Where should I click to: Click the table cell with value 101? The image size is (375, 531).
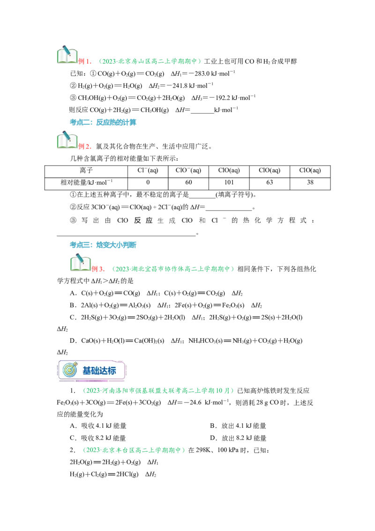pos(229,182)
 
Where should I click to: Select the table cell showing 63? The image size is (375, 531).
pos(270,182)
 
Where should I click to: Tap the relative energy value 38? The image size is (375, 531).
pos(310,182)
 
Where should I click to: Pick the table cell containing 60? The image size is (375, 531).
pos(188,182)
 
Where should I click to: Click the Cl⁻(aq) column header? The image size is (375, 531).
pos(148,171)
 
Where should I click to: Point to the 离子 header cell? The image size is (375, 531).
pos(86,171)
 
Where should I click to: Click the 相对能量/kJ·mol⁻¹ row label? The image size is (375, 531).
pos(86,182)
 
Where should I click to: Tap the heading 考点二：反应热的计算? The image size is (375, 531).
pos(103,122)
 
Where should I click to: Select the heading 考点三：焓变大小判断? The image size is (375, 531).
pos(103,245)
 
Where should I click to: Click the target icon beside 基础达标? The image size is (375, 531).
pos(70,370)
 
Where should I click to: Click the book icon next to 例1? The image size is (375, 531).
pos(67,54)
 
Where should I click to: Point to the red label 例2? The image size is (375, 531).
pos(85,147)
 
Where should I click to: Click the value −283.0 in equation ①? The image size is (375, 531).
pos(198,74)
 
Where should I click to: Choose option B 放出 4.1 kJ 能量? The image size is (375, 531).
pos(238,426)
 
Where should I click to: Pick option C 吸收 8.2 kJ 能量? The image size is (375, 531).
pos(98,438)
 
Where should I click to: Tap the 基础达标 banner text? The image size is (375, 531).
pos(99,371)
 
